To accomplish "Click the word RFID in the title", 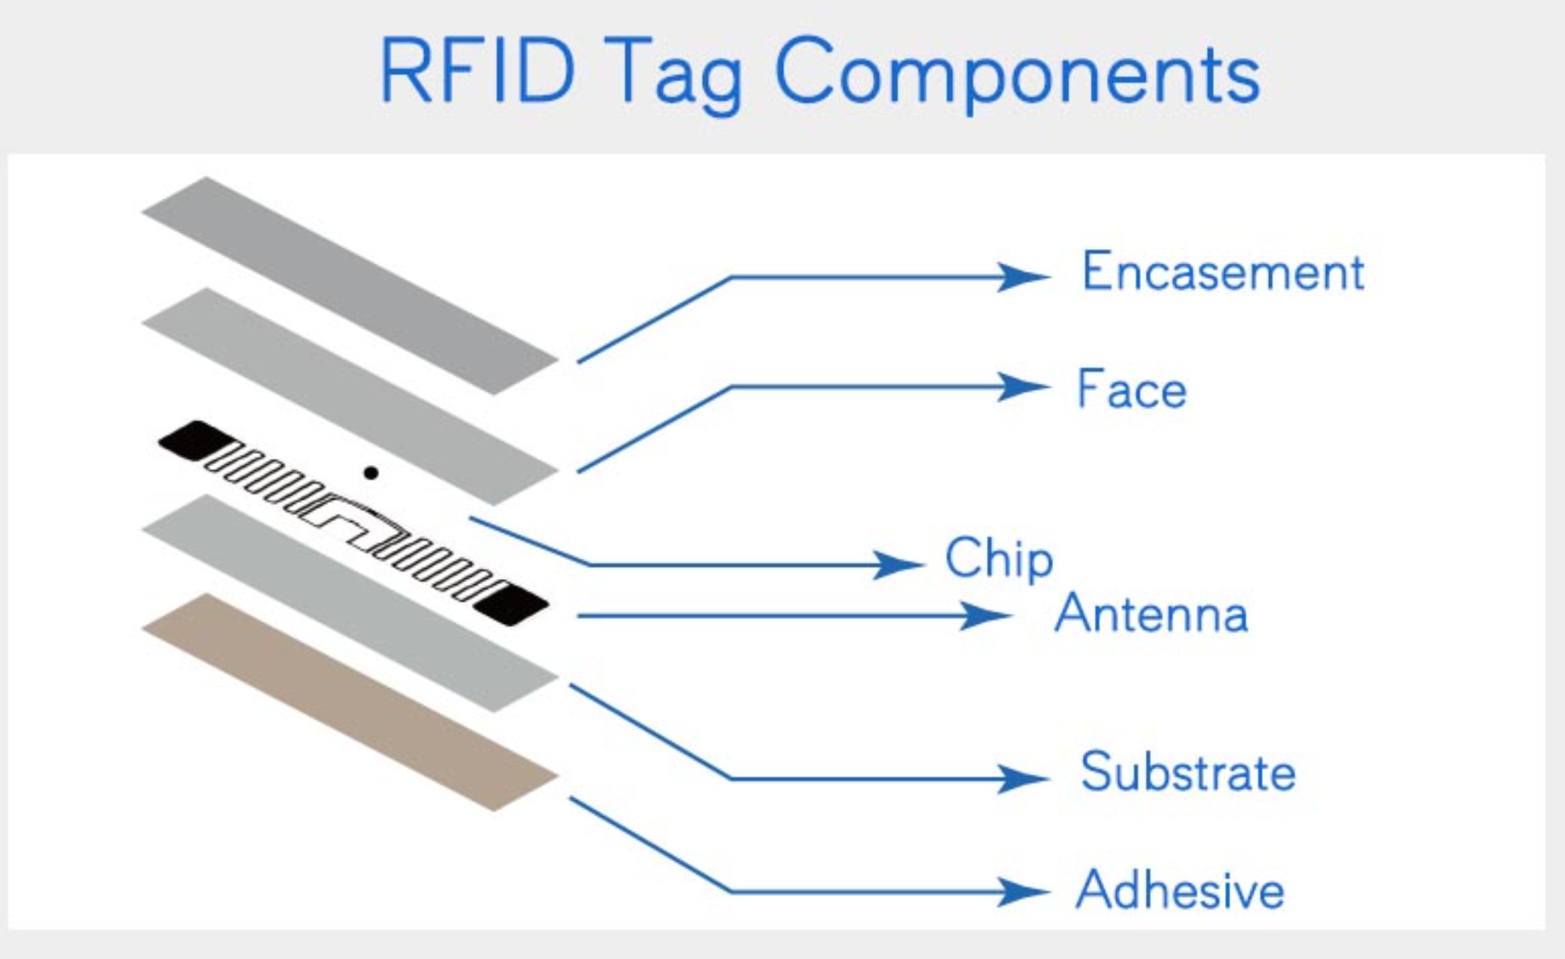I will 477,71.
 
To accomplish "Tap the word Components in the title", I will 1017,76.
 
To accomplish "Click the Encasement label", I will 1223,272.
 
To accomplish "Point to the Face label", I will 1131,389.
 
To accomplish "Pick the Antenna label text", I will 1151,614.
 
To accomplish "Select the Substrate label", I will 1187,772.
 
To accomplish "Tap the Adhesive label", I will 1180,890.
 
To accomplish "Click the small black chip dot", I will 371,473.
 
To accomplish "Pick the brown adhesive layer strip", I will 350,702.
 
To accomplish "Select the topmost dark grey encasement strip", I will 350,285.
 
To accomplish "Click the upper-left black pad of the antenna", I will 195,440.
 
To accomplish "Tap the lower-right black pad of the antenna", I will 512,603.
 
